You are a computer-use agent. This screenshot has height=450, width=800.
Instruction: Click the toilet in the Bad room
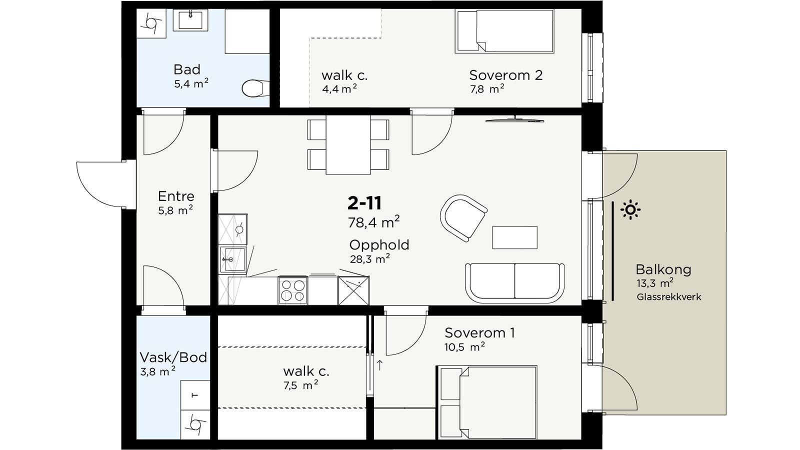pyautogui.click(x=255, y=88)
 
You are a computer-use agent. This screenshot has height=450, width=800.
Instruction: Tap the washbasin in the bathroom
pyautogui.click(x=190, y=20)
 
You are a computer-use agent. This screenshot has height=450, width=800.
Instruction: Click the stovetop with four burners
pyautogui.click(x=293, y=290)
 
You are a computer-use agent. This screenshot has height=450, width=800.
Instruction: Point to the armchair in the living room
pyautogui.click(x=463, y=218)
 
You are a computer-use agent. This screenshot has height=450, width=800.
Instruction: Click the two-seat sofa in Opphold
pyautogui.click(x=514, y=283)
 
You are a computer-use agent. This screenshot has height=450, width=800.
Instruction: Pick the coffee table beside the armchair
pyautogui.click(x=514, y=237)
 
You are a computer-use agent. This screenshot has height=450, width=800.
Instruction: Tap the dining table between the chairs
pyautogui.click(x=348, y=144)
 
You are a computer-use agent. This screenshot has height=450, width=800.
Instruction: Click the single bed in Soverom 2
pyautogui.click(x=504, y=31)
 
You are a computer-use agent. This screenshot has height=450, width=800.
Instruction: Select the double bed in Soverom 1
pyautogui.click(x=487, y=402)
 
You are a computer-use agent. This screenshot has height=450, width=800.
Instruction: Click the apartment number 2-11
pyautogui.click(x=364, y=203)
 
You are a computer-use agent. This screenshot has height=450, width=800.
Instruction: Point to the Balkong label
pyautogui.click(x=663, y=269)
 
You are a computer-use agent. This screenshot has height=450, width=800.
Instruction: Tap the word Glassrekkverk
pyautogui.click(x=669, y=297)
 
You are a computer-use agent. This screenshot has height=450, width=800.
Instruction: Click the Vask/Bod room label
pyautogui.click(x=173, y=357)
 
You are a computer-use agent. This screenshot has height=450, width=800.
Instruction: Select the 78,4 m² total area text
pyautogui.click(x=373, y=222)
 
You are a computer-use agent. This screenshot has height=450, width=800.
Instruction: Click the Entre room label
pyautogui.click(x=176, y=196)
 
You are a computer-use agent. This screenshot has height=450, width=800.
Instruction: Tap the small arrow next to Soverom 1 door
pyautogui.click(x=379, y=365)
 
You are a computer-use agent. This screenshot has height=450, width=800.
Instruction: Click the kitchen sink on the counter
pyautogui.click(x=233, y=259)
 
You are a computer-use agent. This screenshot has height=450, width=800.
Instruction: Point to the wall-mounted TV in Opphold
pyautogui.click(x=514, y=119)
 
